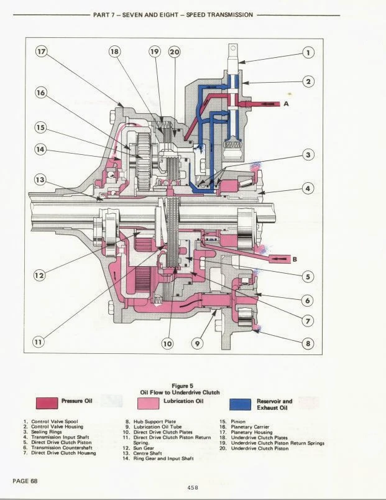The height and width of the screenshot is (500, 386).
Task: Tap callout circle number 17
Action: [x=42, y=52]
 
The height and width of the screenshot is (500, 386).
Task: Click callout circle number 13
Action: [x=40, y=179]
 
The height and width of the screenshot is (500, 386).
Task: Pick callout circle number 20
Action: [x=174, y=52]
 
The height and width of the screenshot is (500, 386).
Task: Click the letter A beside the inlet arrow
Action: [x=287, y=104]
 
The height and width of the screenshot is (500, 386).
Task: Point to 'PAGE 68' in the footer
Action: [x=24, y=481]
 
